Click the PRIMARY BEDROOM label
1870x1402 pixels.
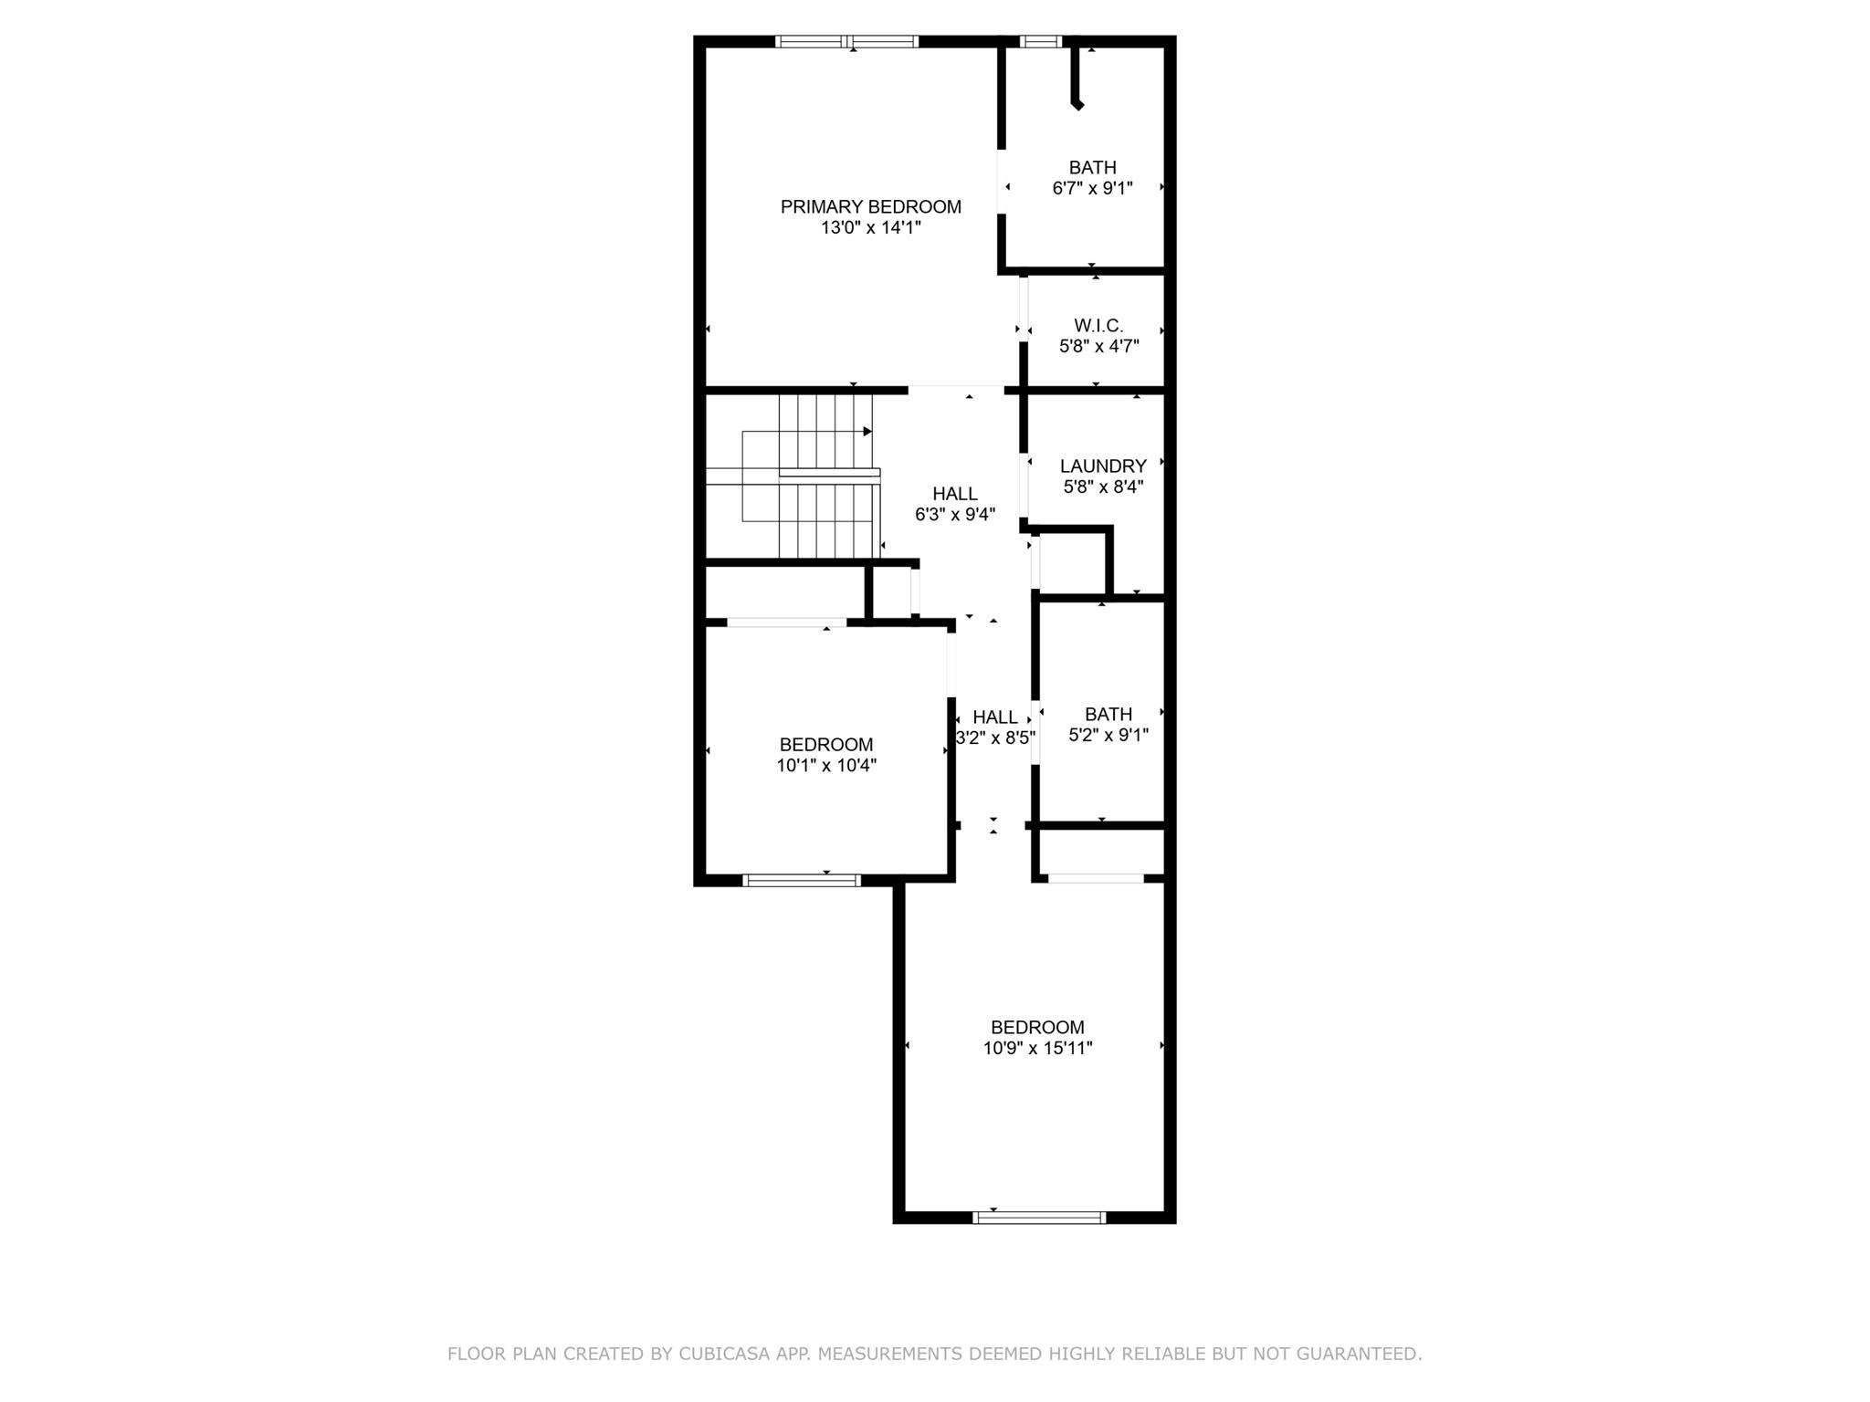pyautogui.click(x=870, y=207)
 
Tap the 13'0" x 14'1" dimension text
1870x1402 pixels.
pyautogui.click(x=870, y=228)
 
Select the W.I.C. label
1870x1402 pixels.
pyautogui.click(x=1098, y=326)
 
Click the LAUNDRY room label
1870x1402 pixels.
pyautogui.click(x=1103, y=466)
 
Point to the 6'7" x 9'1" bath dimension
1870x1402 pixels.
pyautogui.click(x=1093, y=189)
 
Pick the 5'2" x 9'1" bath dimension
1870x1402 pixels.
pyautogui.click(x=1108, y=735)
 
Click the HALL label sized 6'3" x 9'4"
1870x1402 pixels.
pyautogui.click(x=955, y=494)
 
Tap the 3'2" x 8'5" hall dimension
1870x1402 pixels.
pyautogui.click(x=995, y=738)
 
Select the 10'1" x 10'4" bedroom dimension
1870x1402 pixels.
pyautogui.click(x=826, y=766)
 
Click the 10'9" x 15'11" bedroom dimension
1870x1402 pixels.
pyautogui.click(x=1037, y=1049)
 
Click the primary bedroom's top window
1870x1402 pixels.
pyautogui.click(x=847, y=41)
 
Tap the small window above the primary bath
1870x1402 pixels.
pyautogui.click(x=1041, y=41)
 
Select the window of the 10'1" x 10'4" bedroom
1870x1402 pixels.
pyautogui.click(x=803, y=881)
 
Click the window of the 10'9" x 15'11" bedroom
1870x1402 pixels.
pyautogui.click(x=1040, y=1217)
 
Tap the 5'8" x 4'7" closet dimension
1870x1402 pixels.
pyautogui.click(x=1099, y=347)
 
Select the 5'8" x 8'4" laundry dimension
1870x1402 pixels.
pyautogui.click(x=1104, y=487)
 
